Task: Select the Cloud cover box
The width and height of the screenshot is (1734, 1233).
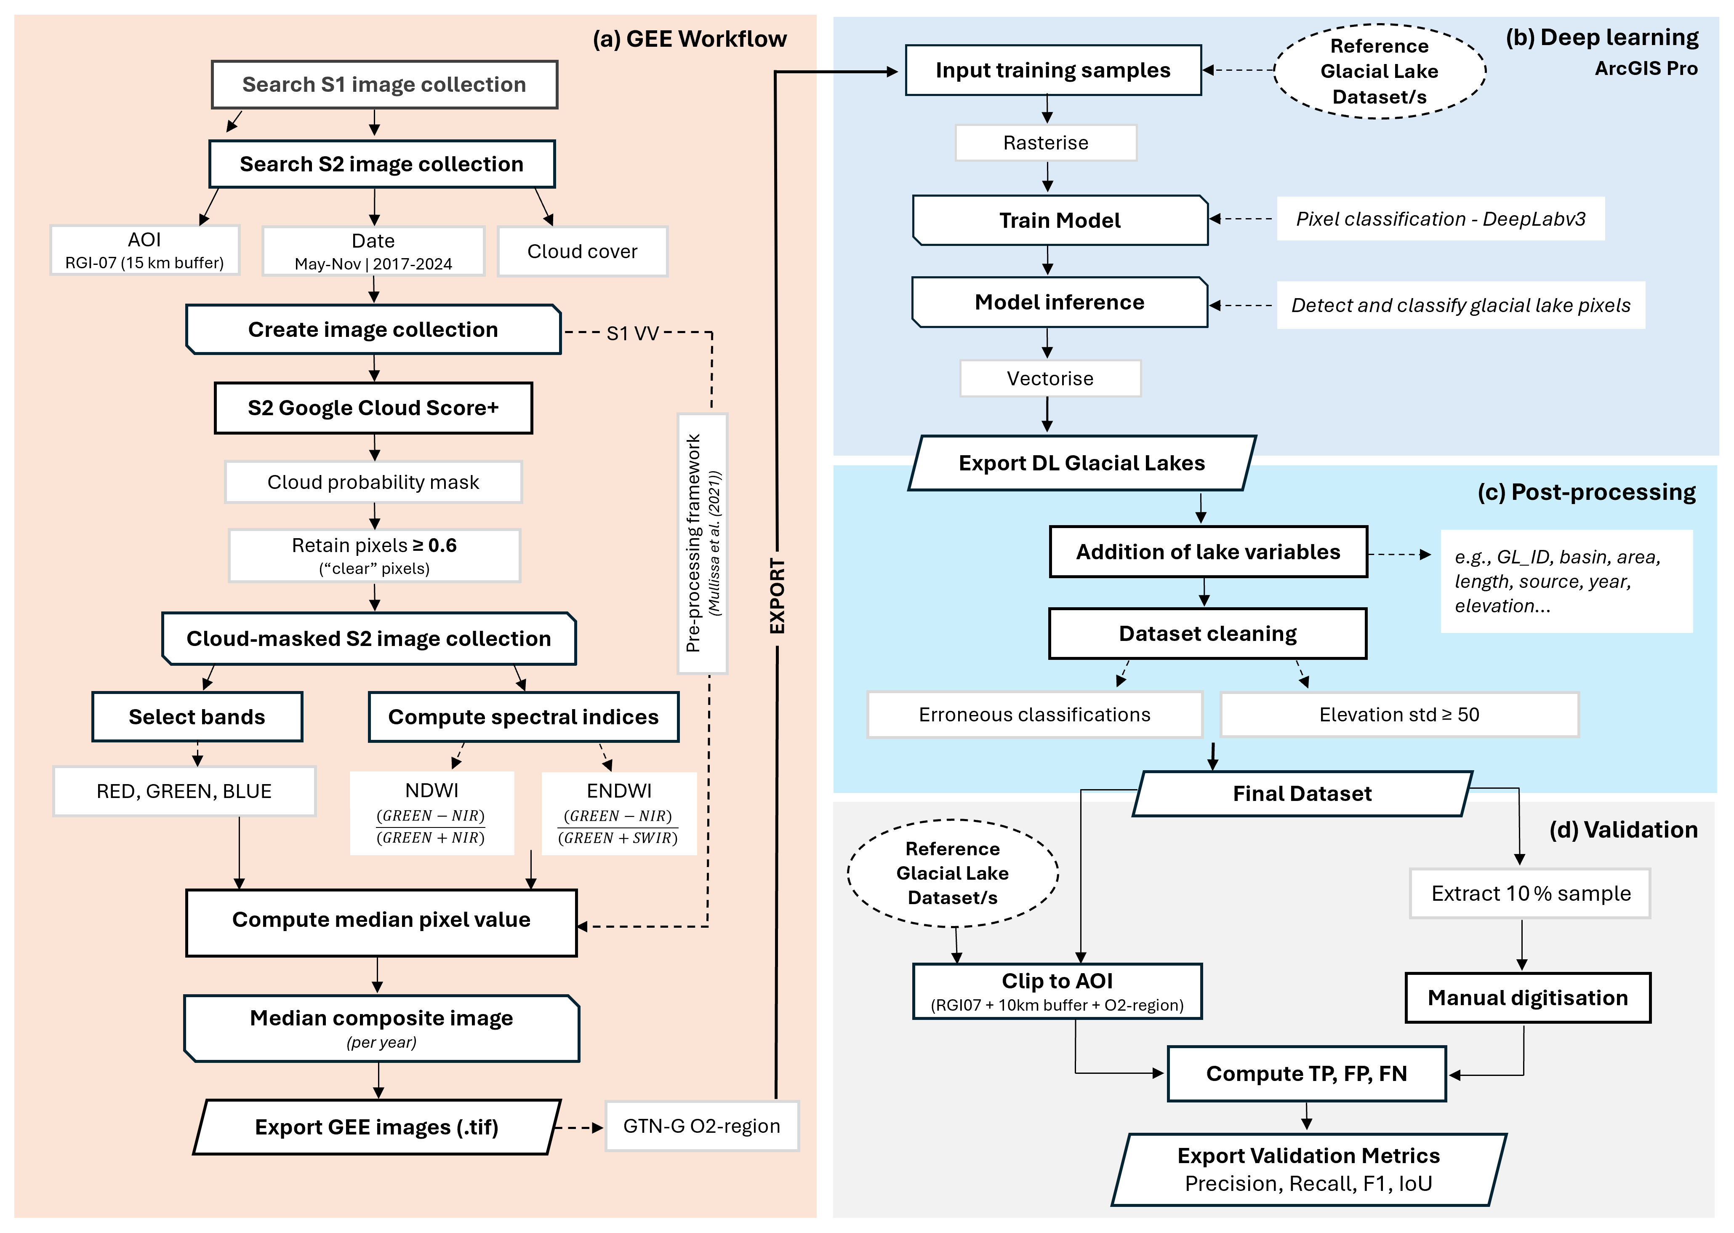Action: click(582, 251)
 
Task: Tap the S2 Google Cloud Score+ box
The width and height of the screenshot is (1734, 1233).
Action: click(373, 408)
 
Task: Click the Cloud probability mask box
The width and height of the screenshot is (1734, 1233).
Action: click(373, 482)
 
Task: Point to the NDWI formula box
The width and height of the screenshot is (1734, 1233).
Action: click(432, 813)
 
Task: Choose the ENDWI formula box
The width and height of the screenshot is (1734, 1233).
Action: click(619, 813)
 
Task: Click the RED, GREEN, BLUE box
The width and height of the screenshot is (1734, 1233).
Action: click(184, 791)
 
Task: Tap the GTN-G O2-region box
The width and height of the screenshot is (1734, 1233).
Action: click(702, 1126)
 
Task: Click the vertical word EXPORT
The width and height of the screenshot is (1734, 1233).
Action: click(777, 596)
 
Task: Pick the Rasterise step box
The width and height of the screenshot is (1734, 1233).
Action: click(1046, 143)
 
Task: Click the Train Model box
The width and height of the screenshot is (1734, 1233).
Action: click(1060, 220)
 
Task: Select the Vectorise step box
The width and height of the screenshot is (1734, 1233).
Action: click(1050, 378)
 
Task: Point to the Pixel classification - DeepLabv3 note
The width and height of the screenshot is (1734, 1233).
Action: click(1440, 219)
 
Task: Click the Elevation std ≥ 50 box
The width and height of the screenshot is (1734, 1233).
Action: click(1399, 715)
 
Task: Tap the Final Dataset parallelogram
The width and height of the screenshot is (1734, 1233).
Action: click(1302, 793)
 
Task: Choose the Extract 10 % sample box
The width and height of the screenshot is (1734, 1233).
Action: click(1531, 894)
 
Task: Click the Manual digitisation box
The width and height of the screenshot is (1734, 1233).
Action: click(1528, 998)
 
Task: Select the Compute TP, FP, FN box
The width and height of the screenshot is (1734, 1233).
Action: click(1307, 1073)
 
